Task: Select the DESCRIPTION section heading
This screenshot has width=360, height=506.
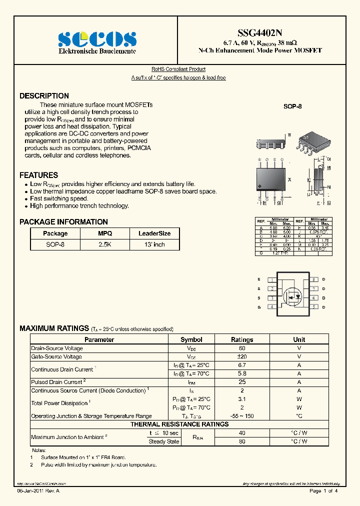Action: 44,96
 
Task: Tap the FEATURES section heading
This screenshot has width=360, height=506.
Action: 38,175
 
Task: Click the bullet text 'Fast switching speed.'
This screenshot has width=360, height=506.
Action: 59,198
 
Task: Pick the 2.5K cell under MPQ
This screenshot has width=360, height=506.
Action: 105,244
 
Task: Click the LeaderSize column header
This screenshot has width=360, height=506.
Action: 154,233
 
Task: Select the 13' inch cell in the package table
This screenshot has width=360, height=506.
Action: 154,244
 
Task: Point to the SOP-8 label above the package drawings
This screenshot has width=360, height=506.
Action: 292,106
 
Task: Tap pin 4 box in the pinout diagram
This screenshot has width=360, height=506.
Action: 270,307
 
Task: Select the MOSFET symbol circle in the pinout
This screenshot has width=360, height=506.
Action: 292,296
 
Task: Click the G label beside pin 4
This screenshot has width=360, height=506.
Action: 259,307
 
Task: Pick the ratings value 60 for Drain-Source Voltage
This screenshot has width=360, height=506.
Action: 242,348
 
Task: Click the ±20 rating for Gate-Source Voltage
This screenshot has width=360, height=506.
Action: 242,357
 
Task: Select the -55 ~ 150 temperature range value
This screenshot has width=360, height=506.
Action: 242,416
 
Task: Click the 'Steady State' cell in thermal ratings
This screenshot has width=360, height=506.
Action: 164,441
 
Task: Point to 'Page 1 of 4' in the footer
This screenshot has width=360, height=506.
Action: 323,491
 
